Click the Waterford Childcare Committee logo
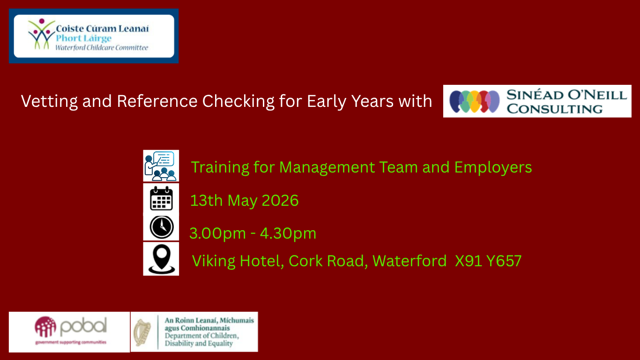click(94, 36)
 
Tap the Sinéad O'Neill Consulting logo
click(537, 101)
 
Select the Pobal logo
click(69, 332)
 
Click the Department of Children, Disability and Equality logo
click(194, 332)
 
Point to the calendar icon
click(161, 198)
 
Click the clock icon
click(162, 227)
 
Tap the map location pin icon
click(162, 259)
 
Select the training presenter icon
click(161, 166)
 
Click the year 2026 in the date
click(280, 200)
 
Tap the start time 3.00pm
click(217, 233)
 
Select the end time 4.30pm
click(288, 233)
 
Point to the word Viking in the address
click(214, 261)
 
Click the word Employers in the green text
click(493, 167)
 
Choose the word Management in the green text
click(327, 167)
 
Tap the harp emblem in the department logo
click(142, 332)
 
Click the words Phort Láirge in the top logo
click(83, 38)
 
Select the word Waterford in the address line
click(409, 261)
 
